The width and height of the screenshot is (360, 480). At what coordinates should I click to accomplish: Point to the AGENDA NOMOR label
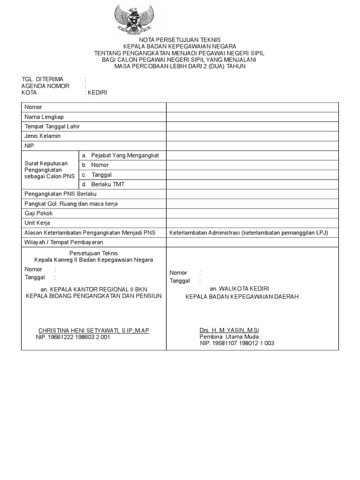coord(45,86)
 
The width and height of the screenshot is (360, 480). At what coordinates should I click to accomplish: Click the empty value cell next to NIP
coord(252,146)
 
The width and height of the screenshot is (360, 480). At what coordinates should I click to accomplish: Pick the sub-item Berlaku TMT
coord(108,184)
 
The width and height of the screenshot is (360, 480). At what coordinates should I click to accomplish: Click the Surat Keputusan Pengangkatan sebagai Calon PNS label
coord(46,170)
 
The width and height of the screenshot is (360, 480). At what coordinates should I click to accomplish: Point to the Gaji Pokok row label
coord(38,213)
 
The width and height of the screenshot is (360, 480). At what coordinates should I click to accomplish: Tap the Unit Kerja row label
coord(37,223)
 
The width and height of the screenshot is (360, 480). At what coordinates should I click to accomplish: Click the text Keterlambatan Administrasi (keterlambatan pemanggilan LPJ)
coord(248,232)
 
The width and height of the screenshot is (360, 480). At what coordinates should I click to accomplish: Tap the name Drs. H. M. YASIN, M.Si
coord(225,330)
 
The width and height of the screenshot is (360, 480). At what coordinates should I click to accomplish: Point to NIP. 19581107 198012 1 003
coord(237,343)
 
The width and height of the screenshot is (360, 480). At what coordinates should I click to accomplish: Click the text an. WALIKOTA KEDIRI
coord(239,288)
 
